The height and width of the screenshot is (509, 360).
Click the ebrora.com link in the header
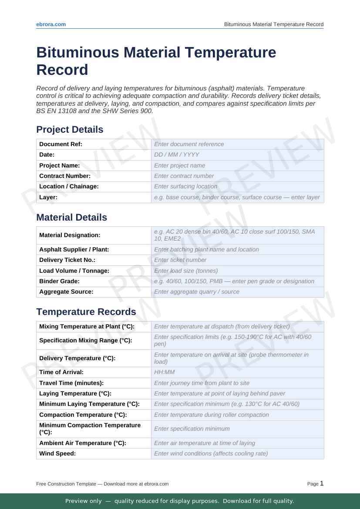[x=51, y=24]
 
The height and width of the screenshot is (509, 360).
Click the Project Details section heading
[x=70, y=130]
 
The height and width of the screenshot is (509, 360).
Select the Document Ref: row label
[x=61, y=144]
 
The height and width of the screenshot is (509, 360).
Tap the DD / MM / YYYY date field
[x=177, y=154]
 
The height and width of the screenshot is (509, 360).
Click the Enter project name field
[x=179, y=165]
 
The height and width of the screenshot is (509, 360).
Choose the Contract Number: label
[x=65, y=176]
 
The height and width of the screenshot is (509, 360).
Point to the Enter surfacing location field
[x=185, y=186]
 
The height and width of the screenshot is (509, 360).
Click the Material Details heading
[x=71, y=218]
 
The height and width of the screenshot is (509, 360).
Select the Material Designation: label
[x=70, y=235]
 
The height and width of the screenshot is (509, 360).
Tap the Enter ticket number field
[x=180, y=260]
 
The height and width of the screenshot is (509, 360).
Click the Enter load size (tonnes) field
[x=186, y=271]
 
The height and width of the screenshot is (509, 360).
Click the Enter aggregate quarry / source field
[x=196, y=291]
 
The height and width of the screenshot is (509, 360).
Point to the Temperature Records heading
[x=86, y=312]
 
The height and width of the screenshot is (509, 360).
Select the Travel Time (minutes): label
[x=71, y=383]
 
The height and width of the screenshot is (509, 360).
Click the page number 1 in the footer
[x=322, y=483]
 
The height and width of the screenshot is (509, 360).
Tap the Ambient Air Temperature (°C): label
[x=83, y=443]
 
